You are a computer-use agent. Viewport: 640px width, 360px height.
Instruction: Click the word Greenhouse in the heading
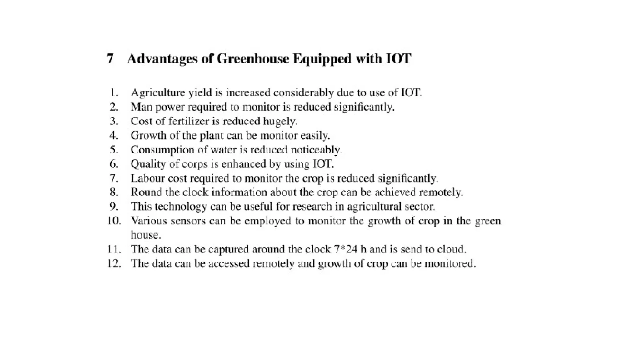point(252,59)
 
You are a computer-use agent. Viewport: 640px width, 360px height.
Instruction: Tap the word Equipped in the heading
point(322,59)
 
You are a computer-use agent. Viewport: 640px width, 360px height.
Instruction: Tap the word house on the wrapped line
point(146,235)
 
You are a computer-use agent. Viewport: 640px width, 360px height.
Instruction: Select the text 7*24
point(346,249)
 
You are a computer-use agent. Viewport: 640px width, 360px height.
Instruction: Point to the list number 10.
point(114,221)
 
